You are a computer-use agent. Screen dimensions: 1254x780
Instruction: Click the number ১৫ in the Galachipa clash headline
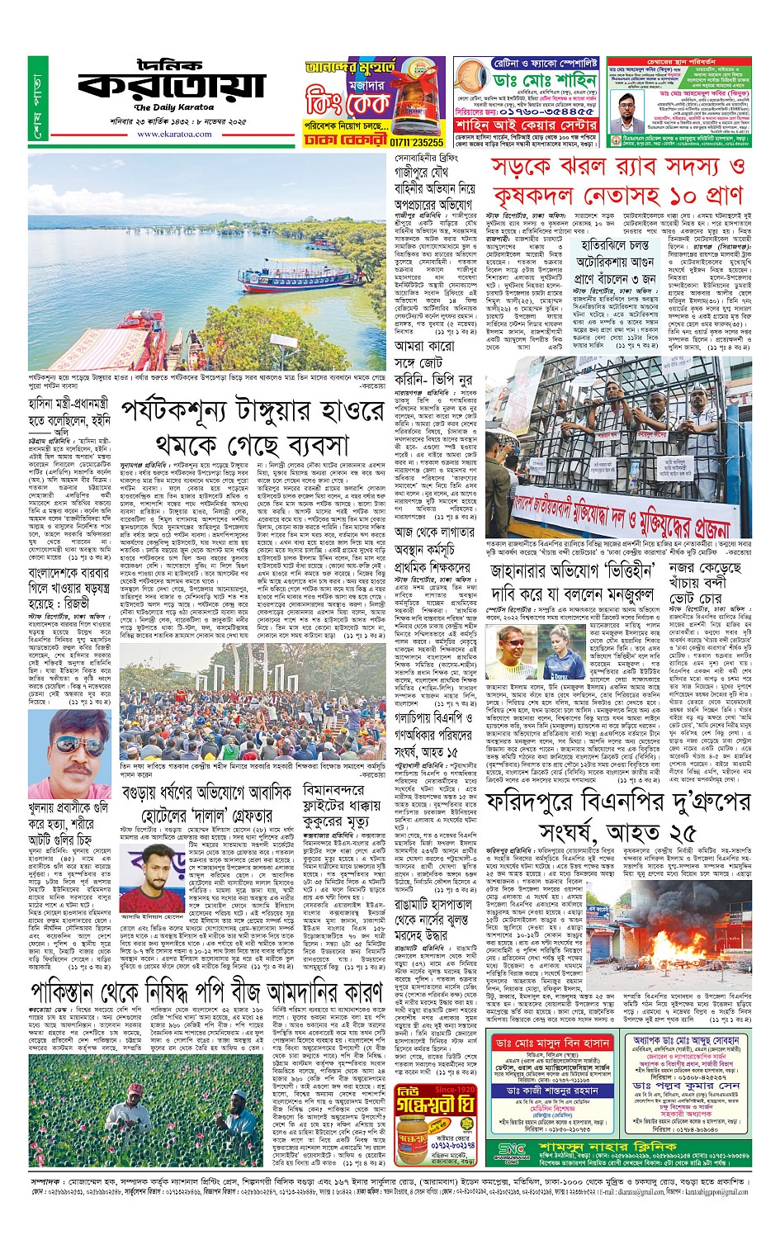pyautogui.click(x=471, y=753)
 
